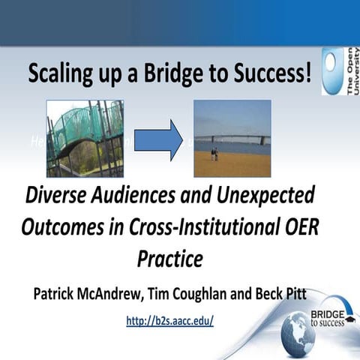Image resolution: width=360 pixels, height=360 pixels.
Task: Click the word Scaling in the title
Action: [59, 75]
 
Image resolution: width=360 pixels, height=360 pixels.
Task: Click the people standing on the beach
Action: [214, 154]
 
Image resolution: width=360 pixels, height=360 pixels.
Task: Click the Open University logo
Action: [338, 72]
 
